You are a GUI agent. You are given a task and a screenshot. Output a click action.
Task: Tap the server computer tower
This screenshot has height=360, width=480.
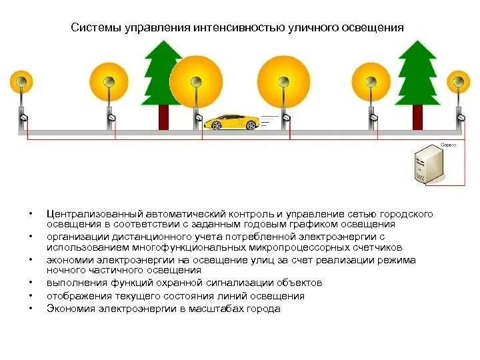coord(424,164)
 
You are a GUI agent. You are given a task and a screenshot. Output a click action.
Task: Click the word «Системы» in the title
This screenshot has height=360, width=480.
coord(96,28)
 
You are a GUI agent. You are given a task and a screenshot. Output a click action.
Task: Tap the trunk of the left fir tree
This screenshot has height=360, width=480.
coord(163,117)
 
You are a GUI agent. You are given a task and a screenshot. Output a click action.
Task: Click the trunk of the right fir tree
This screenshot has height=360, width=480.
coord(417,117)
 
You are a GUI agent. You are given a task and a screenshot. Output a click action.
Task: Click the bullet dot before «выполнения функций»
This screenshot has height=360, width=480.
coord(31,283)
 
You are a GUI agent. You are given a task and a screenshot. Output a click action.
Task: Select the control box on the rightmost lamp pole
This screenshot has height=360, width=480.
coord(459,118)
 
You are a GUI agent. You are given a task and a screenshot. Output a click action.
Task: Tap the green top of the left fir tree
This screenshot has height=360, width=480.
coord(163,67)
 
